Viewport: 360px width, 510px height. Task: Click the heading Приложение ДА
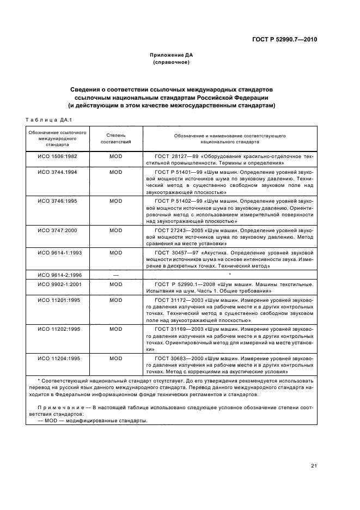coord(172,55)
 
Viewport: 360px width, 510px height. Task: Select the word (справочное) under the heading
coord(172,62)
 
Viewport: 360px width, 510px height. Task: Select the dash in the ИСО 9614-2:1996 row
coord(115,275)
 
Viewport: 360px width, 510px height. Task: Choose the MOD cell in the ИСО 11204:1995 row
coord(115,359)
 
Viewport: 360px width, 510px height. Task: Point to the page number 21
coord(314,466)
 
